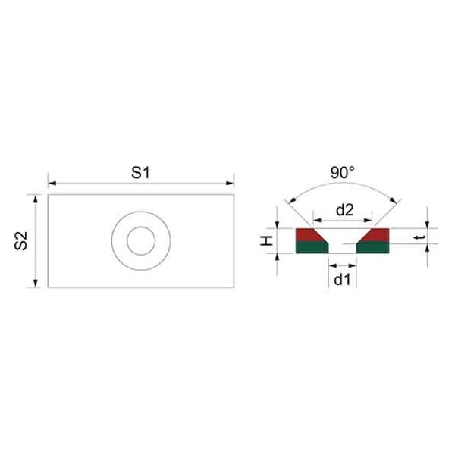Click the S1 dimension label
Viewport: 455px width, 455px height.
tap(141, 173)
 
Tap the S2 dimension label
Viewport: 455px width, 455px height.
tap(21, 241)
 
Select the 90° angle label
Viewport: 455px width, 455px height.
tap(343, 172)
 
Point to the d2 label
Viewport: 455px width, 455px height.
tap(345, 209)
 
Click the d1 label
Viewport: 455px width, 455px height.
tap(343, 280)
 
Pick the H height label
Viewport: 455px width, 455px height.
tap(267, 241)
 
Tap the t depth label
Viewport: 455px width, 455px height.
tap(420, 237)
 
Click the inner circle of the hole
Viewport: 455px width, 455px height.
tap(141, 227)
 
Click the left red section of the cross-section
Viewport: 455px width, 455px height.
tap(308, 235)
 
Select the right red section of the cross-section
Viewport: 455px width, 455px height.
tap(377, 235)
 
